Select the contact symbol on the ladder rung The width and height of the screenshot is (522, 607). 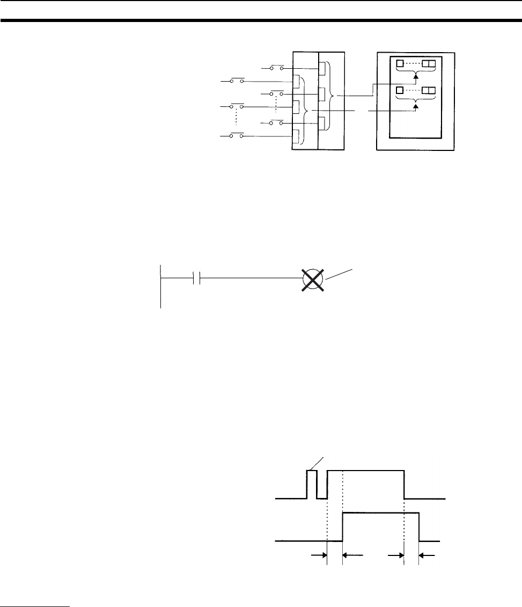tap(196, 280)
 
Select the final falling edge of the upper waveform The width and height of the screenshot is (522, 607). tap(404, 484)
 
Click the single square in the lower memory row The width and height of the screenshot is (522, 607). tap(399, 90)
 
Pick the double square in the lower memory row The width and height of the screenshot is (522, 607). tap(429, 90)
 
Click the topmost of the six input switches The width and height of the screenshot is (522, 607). tap(277, 69)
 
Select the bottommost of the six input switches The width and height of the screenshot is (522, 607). tap(237, 136)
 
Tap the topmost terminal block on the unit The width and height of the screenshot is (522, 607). tap(322, 69)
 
